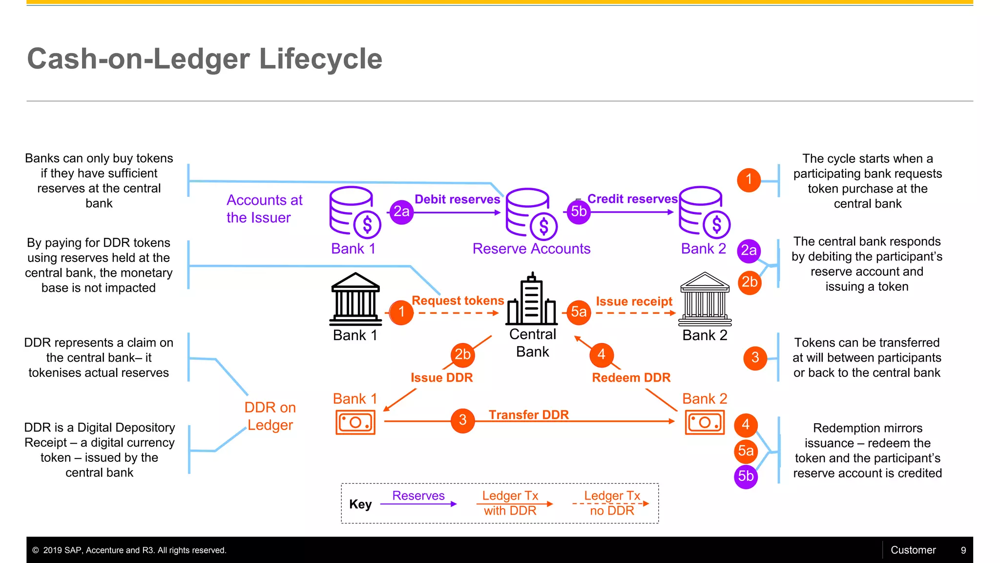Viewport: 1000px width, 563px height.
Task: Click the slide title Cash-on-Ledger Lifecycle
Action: pyautogui.click(x=205, y=59)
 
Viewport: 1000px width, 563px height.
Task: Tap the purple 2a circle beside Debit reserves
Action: pyautogui.click(x=401, y=212)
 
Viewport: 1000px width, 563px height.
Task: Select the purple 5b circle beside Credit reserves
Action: pyautogui.click(x=579, y=212)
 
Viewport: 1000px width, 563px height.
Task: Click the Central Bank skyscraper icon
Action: pyautogui.click(x=532, y=299)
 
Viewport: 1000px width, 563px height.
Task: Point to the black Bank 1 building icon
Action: pyautogui.click(x=355, y=299)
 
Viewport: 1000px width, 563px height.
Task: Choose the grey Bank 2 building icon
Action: pyautogui.click(x=705, y=299)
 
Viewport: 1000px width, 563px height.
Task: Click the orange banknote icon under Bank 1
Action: pyautogui.click(x=355, y=422)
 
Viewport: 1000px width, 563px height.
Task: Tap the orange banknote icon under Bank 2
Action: pyautogui.click(x=705, y=422)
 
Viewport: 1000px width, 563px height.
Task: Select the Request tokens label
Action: pyautogui.click(x=458, y=301)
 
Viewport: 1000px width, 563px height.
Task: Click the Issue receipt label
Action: pyautogui.click(x=634, y=302)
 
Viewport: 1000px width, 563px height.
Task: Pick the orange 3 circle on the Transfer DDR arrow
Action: pyautogui.click(x=463, y=420)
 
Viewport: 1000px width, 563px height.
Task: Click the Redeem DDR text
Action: pyautogui.click(x=631, y=378)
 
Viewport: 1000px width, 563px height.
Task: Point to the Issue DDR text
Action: pyautogui.click(x=441, y=378)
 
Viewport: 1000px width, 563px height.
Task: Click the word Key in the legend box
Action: pyautogui.click(x=360, y=504)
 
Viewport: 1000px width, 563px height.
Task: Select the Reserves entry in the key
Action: pyautogui.click(x=418, y=496)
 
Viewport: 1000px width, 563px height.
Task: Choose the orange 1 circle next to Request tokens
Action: pyautogui.click(x=401, y=312)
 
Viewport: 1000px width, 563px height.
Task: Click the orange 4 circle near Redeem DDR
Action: pyautogui.click(x=602, y=355)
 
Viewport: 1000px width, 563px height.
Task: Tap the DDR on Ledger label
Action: pyautogui.click(x=270, y=416)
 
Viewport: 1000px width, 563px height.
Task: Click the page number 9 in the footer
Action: pyautogui.click(x=963, y=550)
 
